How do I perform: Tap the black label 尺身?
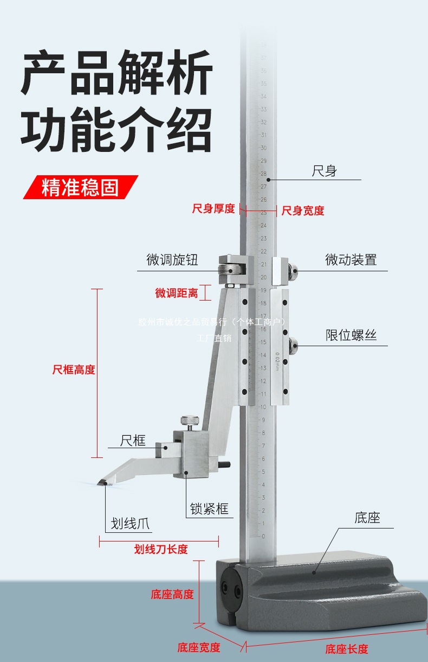(324, 171)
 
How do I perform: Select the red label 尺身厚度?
(213, 208)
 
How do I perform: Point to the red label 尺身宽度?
(303, 211)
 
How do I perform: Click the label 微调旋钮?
(172, 260)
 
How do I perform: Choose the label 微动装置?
(351, 260)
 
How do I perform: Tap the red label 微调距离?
(177, 293)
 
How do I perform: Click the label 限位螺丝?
(351, 335)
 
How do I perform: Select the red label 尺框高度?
(74, 370)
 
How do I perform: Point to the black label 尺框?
(133, 440)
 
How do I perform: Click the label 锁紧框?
(209, 509)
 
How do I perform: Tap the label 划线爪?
(130, 524)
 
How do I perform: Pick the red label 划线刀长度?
(161, 550)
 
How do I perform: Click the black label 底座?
(367, 518)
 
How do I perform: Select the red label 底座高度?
(172, 594)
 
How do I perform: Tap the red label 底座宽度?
(199, 647)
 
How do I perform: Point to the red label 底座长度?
(347, 649)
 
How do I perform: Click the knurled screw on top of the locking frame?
(190, 420)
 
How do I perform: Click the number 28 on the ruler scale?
(263, 174)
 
